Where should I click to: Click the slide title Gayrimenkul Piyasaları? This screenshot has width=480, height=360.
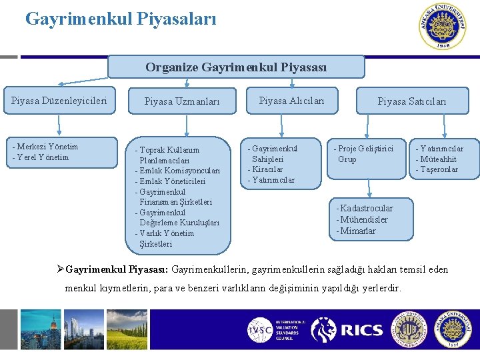[x=121, y=19]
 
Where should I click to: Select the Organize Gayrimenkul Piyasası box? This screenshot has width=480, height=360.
[x=236, y=67]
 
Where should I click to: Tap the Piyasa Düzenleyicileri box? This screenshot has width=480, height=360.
[x=59, y=101]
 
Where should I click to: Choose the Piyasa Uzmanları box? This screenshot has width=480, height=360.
[x=182, y=101]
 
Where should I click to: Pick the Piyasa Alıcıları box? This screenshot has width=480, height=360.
[x=291, y=101]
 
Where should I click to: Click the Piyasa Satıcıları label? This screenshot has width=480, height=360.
[x=411, y=101]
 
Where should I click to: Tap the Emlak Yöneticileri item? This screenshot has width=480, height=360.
[x=171, y=181]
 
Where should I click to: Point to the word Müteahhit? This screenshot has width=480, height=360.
[x=437, y=159]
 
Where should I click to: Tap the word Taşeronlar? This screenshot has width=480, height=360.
[x=438, y=169]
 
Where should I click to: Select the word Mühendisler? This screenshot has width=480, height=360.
[x=363, y=219]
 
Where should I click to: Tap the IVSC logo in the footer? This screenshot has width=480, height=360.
[x=259, y=329]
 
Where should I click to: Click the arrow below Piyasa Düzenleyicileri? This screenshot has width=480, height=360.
[x=59, y=125]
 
